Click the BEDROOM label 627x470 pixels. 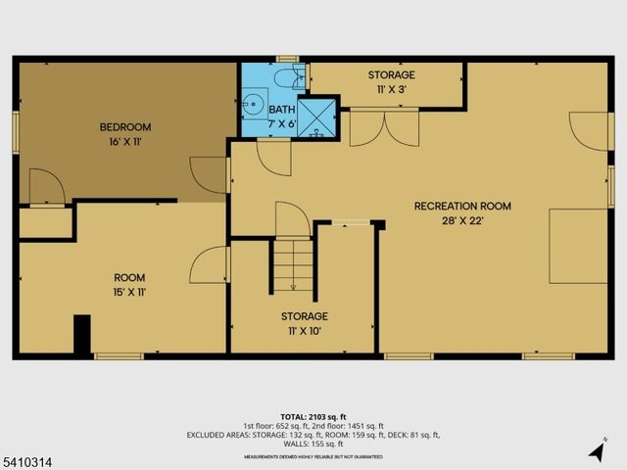(124, 126)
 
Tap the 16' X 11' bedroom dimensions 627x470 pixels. (124, 142)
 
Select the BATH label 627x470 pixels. (282, 110)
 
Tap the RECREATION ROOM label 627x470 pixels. (462, 206)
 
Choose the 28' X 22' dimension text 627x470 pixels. (462, 221)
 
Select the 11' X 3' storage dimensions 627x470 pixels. (391, 90)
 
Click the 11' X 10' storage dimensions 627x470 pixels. (304, 332)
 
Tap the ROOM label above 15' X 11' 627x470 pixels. (129, 277)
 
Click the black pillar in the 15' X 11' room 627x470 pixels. (82, 334)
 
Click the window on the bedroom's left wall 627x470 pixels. (16, 132)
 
